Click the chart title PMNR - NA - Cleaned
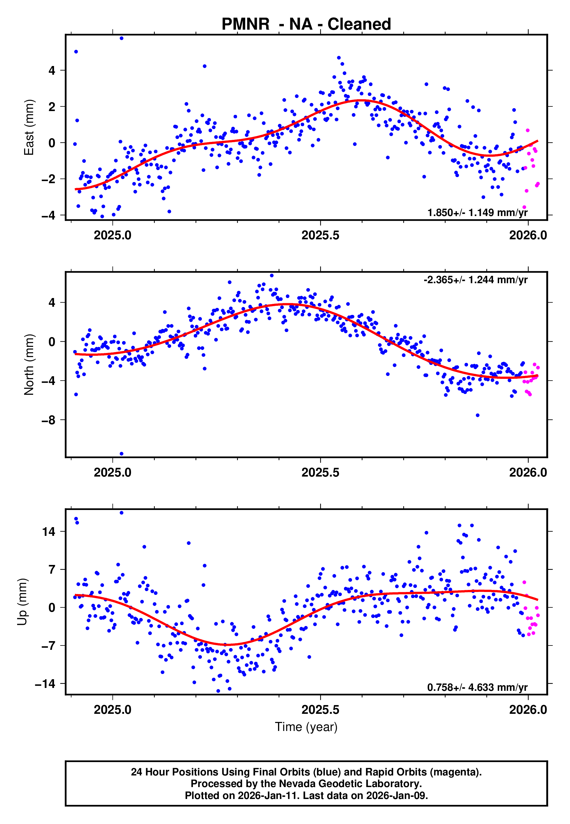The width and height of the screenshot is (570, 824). pos(306,24)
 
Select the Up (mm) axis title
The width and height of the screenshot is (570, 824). pos(22,602)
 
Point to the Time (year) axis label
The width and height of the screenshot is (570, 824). pos(306,727)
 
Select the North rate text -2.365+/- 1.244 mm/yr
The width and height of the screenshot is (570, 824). pos(475,280)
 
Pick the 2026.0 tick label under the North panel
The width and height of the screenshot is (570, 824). pos(528,473)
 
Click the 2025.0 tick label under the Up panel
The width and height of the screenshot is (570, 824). pos(112,710)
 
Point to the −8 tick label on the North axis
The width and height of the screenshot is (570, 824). pos(48,420)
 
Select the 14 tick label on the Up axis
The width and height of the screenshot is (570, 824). pos(49,532)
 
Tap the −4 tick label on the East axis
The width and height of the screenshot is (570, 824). pos(48,215)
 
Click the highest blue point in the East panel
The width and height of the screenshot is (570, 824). pos(121,38)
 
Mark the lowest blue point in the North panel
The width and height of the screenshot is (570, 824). pos(121,454)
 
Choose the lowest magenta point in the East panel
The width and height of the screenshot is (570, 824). pos(524,207)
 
